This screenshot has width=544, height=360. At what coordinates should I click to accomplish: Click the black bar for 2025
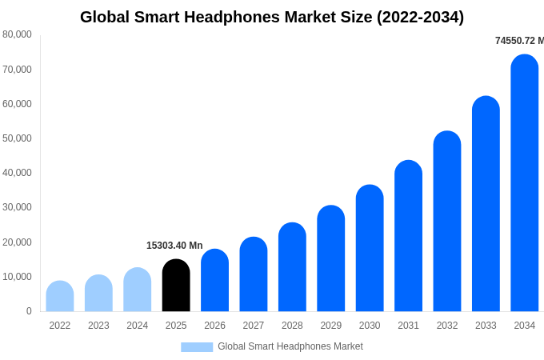click(176, 286)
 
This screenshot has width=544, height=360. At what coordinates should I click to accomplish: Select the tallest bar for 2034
click(525, 183)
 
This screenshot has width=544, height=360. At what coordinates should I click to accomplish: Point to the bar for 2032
click(447, 222)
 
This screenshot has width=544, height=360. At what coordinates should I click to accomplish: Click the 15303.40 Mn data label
click(174, 246)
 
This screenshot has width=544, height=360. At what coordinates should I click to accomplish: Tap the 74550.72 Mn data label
click(519, 41)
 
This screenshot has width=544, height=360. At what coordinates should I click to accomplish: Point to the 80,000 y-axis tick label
click(18, 34)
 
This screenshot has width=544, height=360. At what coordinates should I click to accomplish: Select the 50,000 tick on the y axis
click(18, 138)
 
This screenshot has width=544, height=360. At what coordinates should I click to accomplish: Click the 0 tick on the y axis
click(29, 311)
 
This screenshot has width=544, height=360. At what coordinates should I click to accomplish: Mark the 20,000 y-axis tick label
click(18, 242)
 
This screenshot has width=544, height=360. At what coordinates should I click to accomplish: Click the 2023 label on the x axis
click(98, 326)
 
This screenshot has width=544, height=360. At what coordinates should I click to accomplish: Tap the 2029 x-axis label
click(331, 326)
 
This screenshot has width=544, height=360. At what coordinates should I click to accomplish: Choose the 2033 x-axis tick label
click(486, 326)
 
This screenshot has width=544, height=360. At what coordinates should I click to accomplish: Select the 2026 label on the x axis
click(214, 326)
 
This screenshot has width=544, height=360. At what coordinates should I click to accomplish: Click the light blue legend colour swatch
click(197, 347)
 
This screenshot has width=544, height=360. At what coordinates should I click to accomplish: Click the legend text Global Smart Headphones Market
click(290, 346)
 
